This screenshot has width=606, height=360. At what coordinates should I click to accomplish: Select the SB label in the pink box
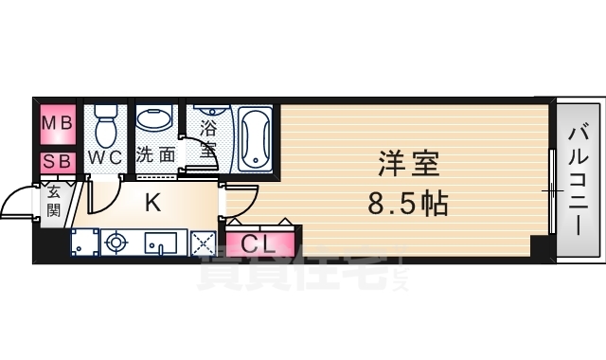click(x=56, y=161)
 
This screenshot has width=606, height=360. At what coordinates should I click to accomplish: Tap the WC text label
click(x=104, y=155)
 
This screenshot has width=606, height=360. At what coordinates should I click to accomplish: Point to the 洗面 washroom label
click(x=155, y=154)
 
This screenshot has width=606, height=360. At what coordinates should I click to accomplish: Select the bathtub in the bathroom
click(x=254, y=136)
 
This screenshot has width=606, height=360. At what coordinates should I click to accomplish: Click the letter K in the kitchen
click(x=152, y=201)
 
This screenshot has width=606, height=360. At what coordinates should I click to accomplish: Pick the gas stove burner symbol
click(x=116, y=243)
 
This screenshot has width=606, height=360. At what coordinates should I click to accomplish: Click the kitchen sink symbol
click(x=162, y=243)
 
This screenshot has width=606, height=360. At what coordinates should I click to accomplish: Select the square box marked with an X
click(x=203, y=243)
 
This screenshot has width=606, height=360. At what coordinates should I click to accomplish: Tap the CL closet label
click(x=258, y=243)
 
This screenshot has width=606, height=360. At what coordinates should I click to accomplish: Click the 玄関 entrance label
click(x=53, y=202)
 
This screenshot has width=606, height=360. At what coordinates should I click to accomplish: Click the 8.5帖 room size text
click(x=408, y=202)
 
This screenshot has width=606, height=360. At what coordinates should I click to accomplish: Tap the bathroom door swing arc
click(x=201, y=151)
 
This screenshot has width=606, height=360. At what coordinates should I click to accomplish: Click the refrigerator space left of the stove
click(x=86, y=243)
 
